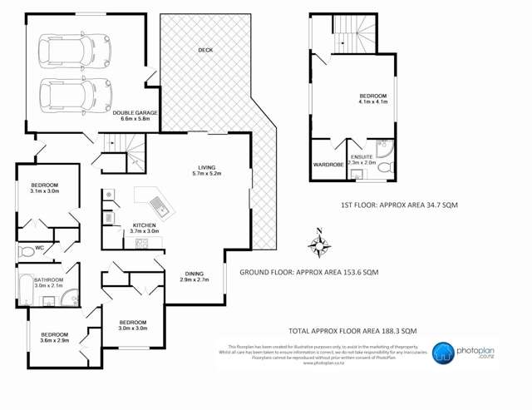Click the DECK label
[205, 51]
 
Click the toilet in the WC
[26, 250]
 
